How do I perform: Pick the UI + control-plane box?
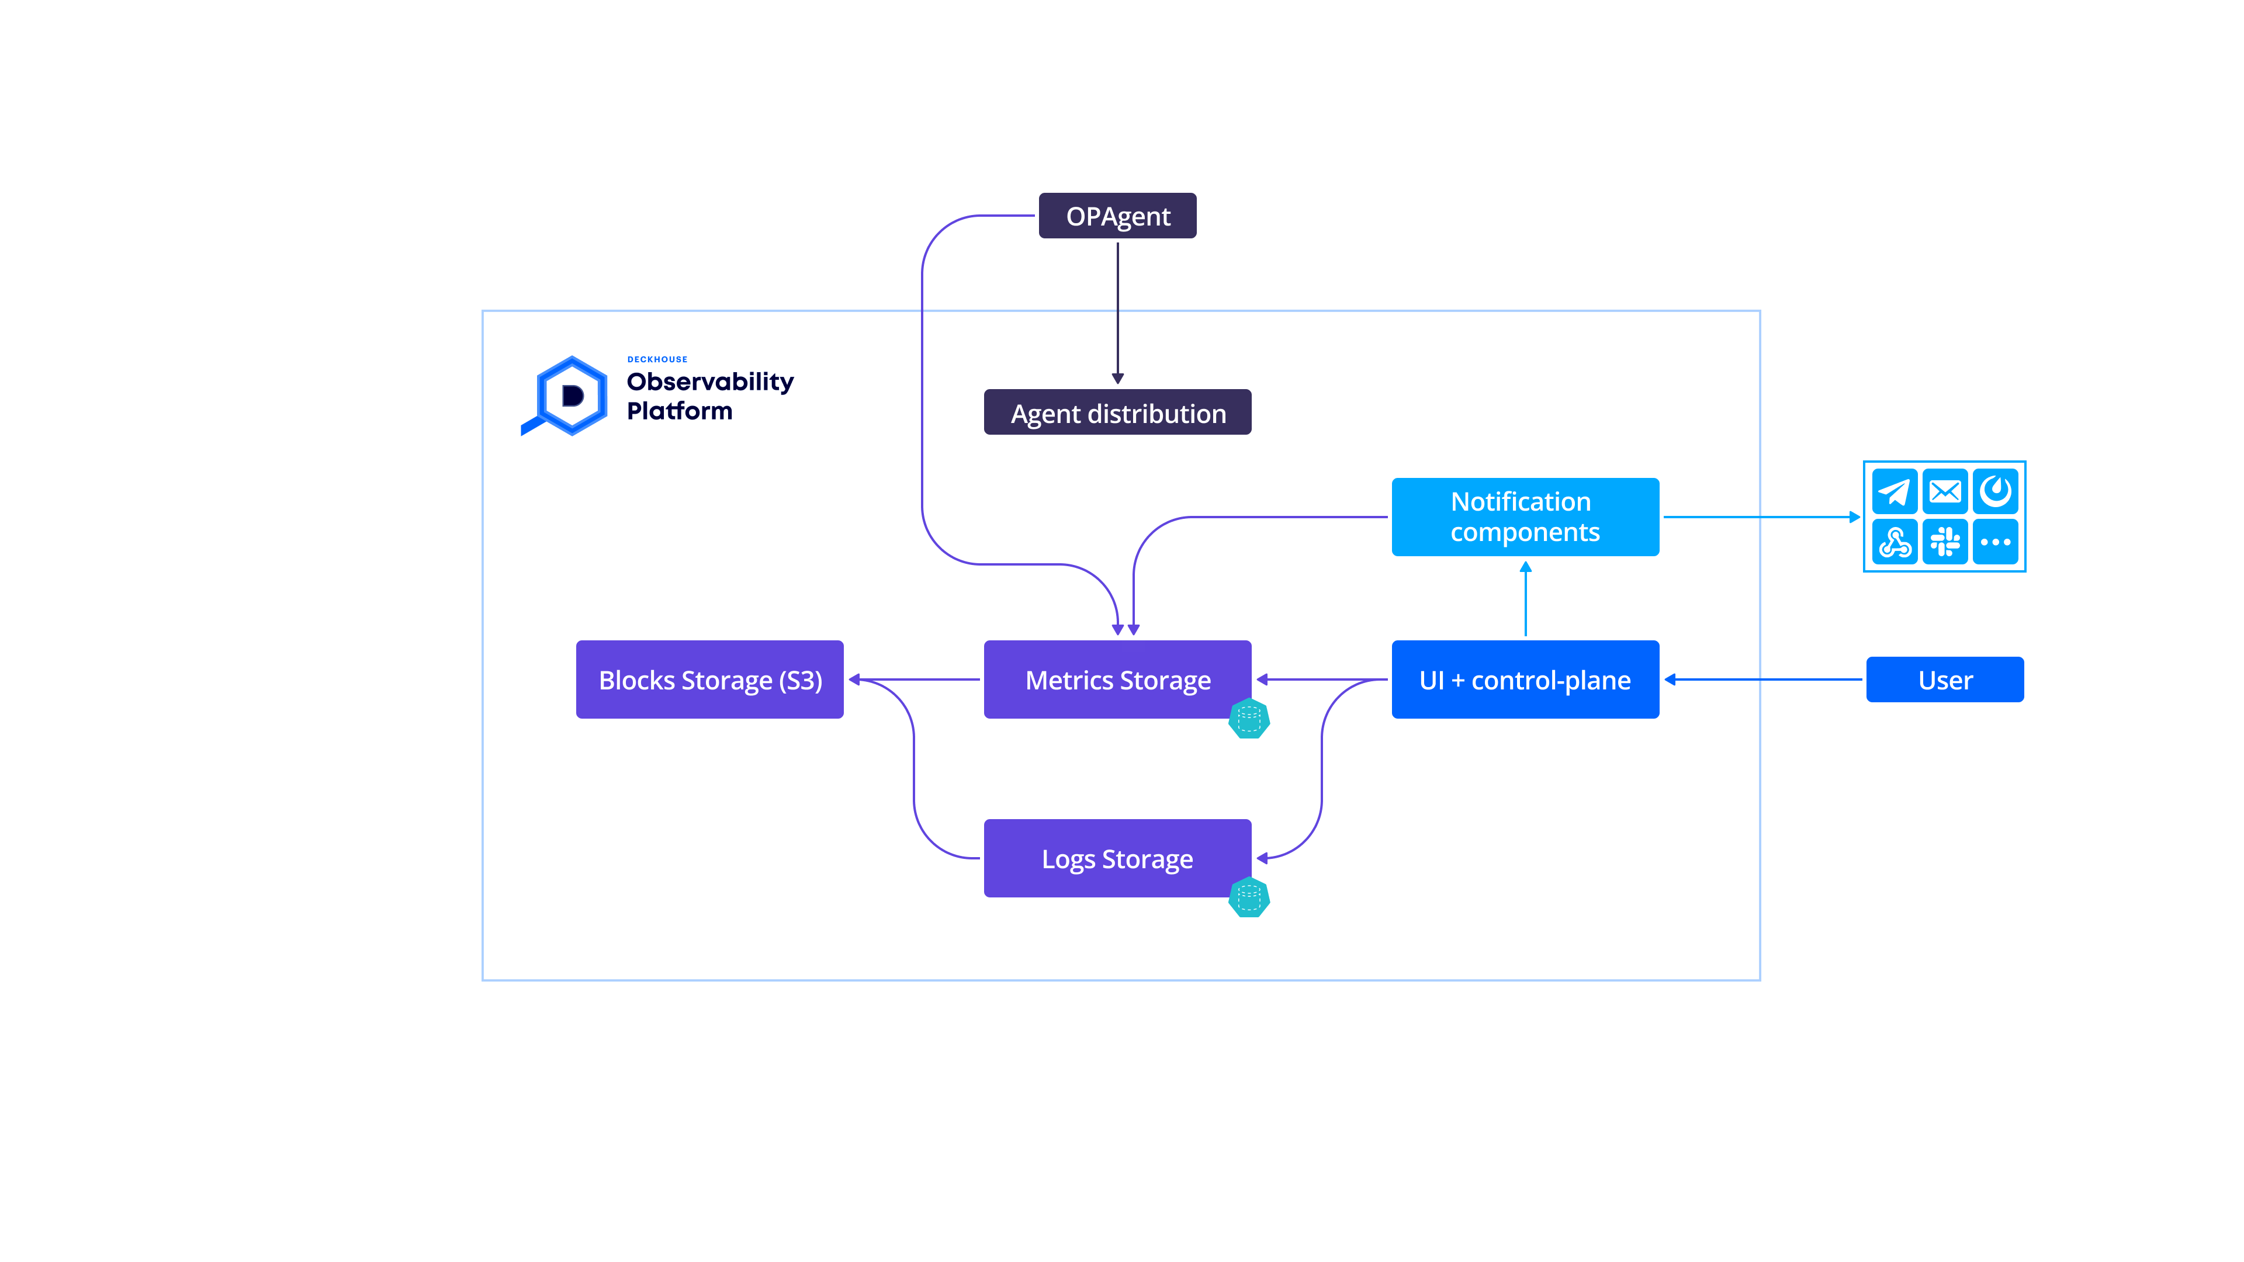coord(1525,679)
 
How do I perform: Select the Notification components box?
coord(1525,516)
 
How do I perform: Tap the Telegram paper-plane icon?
coord(1894,492)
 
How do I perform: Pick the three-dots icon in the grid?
coord(1995,542)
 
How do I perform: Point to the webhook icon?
coord(1894,542)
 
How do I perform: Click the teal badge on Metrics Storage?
coord(1249,719)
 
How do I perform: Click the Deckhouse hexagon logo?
coord(570,396)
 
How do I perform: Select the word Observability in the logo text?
coord(710,382)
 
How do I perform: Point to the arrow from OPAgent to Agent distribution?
coord(1118,314)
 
